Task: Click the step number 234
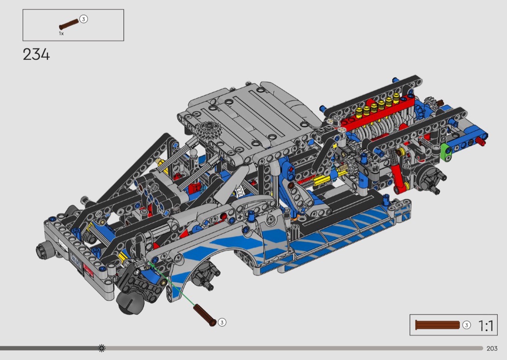pyautogui.click(x=36, y=55)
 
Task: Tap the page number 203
pyautogui.click(x=492, y=348)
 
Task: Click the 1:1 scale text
pyautogui.click(x=486, y=326)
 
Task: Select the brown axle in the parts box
pyautogui.click(x=69, y=25)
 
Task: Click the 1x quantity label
pyautogui.click(x=61, y=34)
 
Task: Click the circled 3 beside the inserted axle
pyautogui.click(x=222, y=322)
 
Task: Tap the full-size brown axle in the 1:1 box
pyautogui.click(x=437, y=325)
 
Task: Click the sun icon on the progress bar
pyautogui.click(x=101, y=348)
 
